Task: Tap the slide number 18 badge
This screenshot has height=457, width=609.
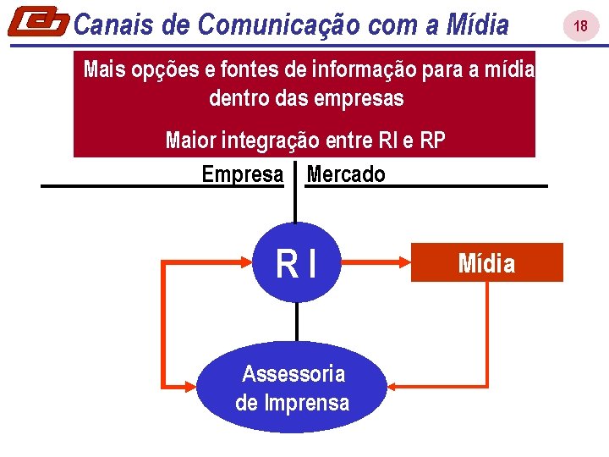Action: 580,26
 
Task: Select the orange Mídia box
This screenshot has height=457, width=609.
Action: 486,263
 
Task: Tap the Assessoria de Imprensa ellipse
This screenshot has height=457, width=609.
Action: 292,388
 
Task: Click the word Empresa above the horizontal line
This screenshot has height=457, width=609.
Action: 243,174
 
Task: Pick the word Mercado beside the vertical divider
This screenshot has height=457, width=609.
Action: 346,174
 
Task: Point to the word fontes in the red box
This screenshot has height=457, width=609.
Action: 239,69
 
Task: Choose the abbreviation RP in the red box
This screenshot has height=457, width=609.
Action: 432,140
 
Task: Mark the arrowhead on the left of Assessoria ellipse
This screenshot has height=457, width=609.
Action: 192,388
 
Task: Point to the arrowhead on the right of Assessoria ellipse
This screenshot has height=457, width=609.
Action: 393,388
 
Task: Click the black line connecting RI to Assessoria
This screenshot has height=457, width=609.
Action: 296,322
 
